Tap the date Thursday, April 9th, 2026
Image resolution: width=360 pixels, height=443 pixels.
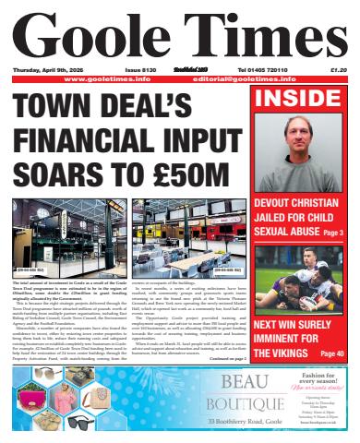[x=51, y=71]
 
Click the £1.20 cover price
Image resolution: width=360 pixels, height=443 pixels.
[x=336, y=71]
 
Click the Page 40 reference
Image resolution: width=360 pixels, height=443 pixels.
[x=331, y=353]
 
